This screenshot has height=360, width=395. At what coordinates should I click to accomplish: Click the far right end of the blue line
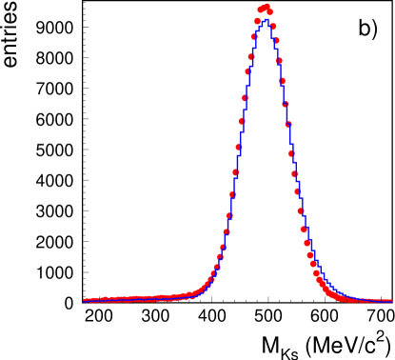pos(392,301)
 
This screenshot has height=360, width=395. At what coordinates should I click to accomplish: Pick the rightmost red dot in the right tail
pos(390,301)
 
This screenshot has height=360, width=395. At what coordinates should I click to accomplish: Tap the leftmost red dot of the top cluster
pos(261,10)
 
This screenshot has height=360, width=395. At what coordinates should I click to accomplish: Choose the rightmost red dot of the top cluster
pos(270,12)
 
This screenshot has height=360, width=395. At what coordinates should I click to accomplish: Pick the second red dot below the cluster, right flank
pos(276,40)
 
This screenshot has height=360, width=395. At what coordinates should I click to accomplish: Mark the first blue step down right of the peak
pos(272,29)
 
